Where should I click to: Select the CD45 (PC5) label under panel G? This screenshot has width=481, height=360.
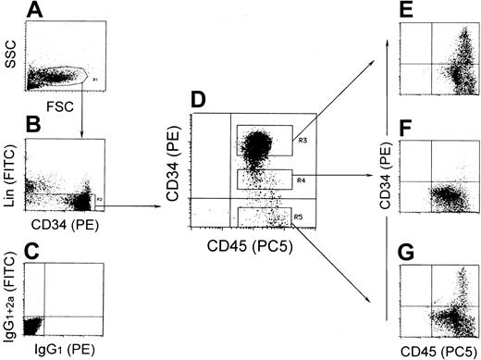point(439,350)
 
